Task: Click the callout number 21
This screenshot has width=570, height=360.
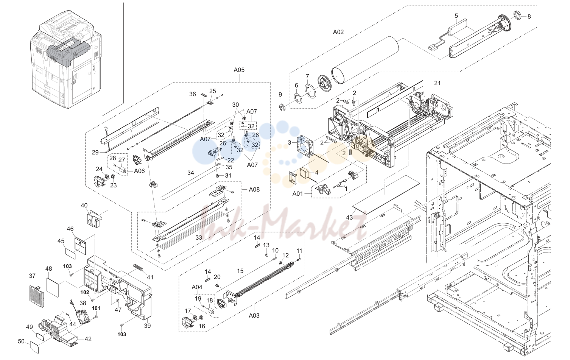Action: [437, 83]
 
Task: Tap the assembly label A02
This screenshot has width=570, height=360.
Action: [338, 32]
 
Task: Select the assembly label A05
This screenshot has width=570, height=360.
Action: [239, 70]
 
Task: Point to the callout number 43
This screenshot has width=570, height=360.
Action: [349, 218]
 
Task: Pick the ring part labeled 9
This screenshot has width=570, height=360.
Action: [282, 108]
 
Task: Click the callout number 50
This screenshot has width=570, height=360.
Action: [21, 341]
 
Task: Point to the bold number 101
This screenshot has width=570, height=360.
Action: [96, 308]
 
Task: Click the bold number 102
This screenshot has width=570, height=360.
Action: [85, 292]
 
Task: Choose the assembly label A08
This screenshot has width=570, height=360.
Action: [254, 190]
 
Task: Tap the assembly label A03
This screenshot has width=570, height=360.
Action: [254, 316]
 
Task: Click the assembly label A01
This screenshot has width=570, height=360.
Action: [298, 194]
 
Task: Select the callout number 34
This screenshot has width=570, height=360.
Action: [191, 173]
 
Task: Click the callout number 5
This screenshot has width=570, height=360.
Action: [456, 16]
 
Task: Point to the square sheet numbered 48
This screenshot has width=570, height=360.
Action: [52, 287]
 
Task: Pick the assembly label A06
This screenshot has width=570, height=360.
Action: [139, 171]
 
